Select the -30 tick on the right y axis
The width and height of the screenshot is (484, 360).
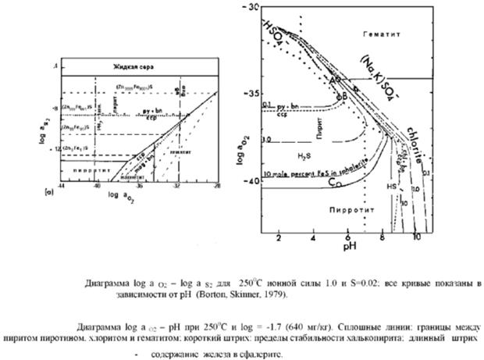[x=252, y=6]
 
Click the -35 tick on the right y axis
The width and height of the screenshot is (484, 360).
[x=252, y=94]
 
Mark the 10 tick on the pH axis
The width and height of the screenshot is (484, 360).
[x=417, y=235]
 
